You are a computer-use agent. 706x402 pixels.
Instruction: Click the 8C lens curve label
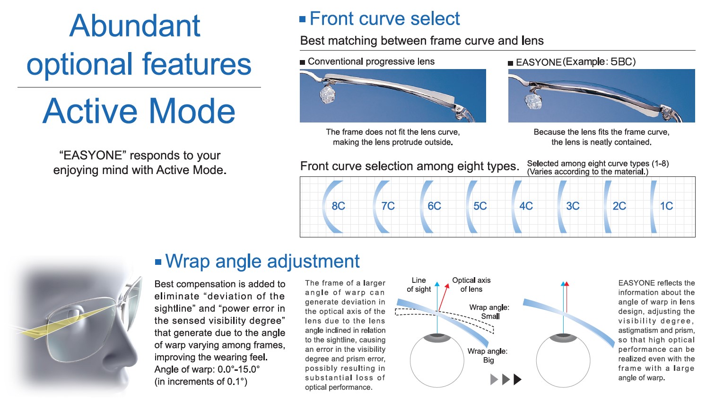point(338,206)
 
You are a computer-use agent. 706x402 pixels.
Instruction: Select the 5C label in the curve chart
point(480,206)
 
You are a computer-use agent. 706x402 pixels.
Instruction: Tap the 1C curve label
point(666,206)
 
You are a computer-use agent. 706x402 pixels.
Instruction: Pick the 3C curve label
point(573,206)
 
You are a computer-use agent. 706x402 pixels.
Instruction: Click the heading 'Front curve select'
point(384,18)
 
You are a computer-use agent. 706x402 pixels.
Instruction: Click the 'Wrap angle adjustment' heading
point(262,262)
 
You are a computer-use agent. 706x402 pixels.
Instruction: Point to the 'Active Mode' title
point(139,111)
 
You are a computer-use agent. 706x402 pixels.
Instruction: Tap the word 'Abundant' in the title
point(135,26)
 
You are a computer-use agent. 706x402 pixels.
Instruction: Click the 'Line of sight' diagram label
point(418,285)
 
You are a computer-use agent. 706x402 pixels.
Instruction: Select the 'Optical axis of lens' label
point(471,285)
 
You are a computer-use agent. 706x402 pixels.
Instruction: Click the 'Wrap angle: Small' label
point(489,312)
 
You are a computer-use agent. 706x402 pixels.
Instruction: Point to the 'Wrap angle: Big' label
point(488,356)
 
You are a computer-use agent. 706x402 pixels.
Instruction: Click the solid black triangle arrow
point(517,379)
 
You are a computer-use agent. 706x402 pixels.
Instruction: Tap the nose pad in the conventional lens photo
point(328,94)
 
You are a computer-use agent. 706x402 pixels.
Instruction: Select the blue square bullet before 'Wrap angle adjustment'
point(158,262)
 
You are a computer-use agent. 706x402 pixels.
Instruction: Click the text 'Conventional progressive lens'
point(371,61)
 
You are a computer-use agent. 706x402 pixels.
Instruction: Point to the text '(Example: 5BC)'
point(599,62)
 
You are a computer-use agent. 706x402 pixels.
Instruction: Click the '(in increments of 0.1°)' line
point(201,382)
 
